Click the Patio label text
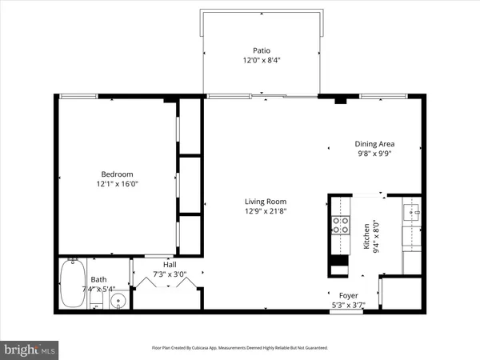[262, 50]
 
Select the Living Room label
[265, 202]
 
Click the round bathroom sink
[118, 302]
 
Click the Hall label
[170, 265]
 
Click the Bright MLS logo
[30, 349]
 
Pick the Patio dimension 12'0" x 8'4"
[262, 60]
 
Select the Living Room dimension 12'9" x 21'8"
[265, 211]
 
